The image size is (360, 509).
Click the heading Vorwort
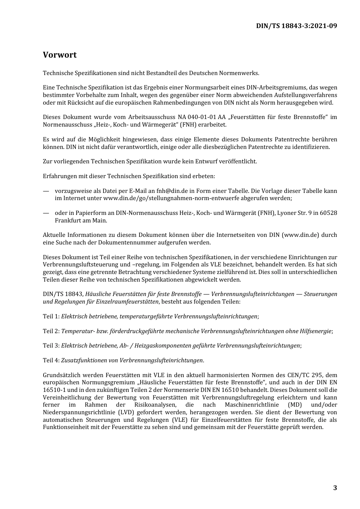(59, 55)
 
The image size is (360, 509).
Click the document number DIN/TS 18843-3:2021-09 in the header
(296, 26)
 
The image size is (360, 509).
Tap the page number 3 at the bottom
(335, 488)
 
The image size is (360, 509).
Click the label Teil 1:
(51, 316)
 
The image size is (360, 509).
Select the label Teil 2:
(51, 331)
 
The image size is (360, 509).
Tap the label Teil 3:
(51, 346)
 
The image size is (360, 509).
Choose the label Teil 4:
(51, 360)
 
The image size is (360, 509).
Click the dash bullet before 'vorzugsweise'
(46, 191)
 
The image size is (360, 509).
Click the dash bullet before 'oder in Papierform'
(46, 213)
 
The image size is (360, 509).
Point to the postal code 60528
(328, 213)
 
